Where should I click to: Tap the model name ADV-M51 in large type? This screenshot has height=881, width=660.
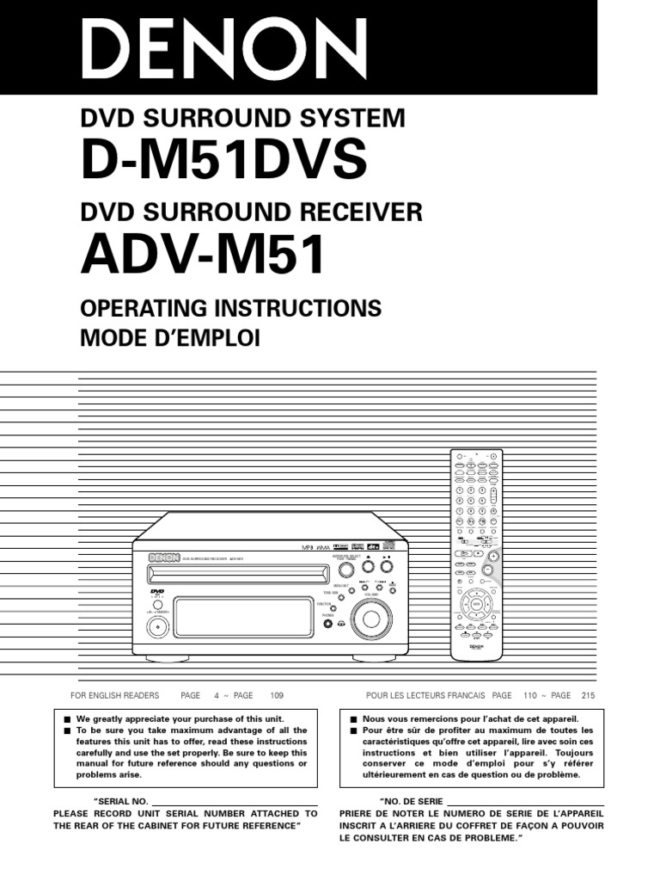coord(204,254)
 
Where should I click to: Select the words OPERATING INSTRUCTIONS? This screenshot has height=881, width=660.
coord(230,308)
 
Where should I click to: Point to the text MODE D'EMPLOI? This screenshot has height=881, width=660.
coord(168,338)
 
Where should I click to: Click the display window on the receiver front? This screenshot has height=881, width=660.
coord(241,618)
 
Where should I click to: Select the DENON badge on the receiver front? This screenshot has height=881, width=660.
coord(157,558)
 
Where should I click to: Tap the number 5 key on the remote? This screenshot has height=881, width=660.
coord(471,500)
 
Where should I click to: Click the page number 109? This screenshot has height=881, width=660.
coord(276,695)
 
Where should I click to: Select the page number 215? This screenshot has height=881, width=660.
coord(588,695)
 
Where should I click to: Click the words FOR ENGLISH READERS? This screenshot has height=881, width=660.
coord(113,695)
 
